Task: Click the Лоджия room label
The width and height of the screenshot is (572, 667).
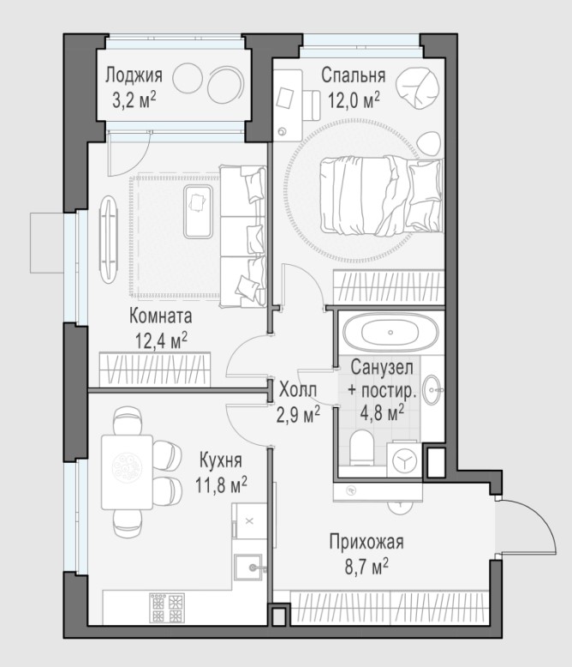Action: click(x=134, y=75)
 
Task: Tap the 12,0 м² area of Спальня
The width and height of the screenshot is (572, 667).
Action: click(x=354, y=101)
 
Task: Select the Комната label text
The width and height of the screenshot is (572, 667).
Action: click(x=161, y=316)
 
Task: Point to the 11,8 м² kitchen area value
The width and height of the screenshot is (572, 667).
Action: click(x=221, y=484)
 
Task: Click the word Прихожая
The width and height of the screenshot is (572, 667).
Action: click(x=366, y=543)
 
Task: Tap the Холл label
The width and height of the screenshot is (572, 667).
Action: click(x=298, y=389)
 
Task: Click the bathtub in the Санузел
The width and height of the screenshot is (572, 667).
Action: click(x=390, y=333)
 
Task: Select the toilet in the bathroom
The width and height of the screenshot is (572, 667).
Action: click(x=361, y=447)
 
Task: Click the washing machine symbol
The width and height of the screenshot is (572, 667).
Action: click(x=404, y=460)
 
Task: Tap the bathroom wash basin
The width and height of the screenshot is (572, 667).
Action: click(x=433, y=389)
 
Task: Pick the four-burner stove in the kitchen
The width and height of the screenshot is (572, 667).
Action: click(x=167, y=608)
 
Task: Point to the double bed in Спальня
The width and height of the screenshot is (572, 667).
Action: click(x=382, y=195)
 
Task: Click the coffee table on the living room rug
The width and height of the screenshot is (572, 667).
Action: click(x=198, y=212)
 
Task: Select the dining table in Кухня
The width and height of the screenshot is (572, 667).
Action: click(x=127, y=472)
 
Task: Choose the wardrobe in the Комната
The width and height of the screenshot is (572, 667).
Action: click(x=155, y=370)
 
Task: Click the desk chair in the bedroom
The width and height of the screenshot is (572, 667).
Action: click(x=312, y=105)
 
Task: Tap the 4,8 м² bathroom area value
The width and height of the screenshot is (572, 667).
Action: click(x=382, y=412)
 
